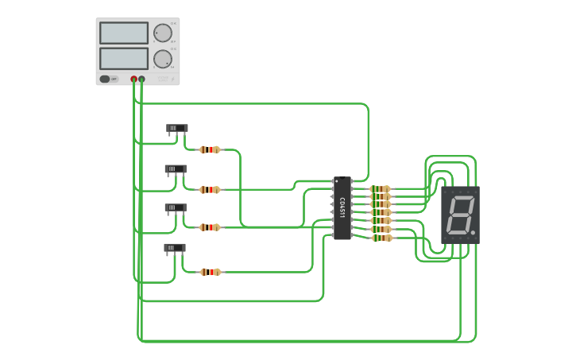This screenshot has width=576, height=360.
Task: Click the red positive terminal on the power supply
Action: tap(133, 79)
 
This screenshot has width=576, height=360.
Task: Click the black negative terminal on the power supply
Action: tap(142, 79)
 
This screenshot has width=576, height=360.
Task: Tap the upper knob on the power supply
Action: tap(162, 33)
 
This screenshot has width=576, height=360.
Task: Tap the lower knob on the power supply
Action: tap(162, 59)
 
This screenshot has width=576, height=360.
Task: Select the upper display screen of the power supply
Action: tap(124, 33)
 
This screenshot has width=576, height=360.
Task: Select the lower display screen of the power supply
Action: tap(124, 58)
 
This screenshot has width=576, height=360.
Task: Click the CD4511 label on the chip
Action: tap(342, 208)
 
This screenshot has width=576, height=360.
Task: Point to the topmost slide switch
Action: tap(176, 128)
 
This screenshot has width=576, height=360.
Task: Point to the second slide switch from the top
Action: tap(175, 168)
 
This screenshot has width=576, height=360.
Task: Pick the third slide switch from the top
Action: tap(175, 207)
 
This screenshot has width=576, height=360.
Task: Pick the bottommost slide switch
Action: tap(174, 248)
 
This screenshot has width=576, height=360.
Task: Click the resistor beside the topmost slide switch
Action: tap(210, 149)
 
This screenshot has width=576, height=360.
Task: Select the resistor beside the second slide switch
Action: tap(210, 189)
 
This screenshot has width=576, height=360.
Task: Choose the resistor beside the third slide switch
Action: tap(210, 227)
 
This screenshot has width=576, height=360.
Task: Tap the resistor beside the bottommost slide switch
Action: tap(210, 272)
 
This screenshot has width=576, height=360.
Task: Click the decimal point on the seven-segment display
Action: tap(474, 233)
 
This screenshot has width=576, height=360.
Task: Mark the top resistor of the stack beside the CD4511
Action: tap(381, 189)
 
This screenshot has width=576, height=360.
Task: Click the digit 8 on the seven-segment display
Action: tap(458, 215)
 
